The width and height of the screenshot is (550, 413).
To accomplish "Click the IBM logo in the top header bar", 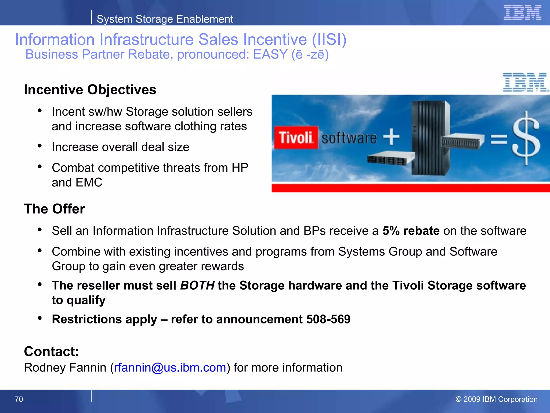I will point(522,12).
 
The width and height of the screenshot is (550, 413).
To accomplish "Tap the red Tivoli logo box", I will point(296,137).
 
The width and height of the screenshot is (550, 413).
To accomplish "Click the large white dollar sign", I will point(526,138).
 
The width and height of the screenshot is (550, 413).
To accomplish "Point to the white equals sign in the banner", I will point(499,139).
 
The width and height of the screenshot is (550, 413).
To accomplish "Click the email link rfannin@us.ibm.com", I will point(170,367).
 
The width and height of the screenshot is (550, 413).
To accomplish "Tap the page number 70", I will point(19,399).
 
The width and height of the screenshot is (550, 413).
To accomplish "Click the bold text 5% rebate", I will point(411,231).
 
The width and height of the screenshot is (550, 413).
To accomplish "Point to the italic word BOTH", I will point(197,285).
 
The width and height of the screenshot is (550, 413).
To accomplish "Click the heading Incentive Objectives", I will point(90,90).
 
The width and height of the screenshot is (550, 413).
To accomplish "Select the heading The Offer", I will point(54,209).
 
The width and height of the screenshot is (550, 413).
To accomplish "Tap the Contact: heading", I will point(52,351).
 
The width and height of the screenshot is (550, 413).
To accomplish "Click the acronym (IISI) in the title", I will point(329,40).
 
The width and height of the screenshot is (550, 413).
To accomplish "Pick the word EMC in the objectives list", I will point(89,182).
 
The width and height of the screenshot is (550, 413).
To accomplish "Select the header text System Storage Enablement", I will point(165,19).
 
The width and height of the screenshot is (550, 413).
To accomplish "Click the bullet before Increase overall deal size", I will point(40,146).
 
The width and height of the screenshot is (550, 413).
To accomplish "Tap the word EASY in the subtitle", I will point(270,54).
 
